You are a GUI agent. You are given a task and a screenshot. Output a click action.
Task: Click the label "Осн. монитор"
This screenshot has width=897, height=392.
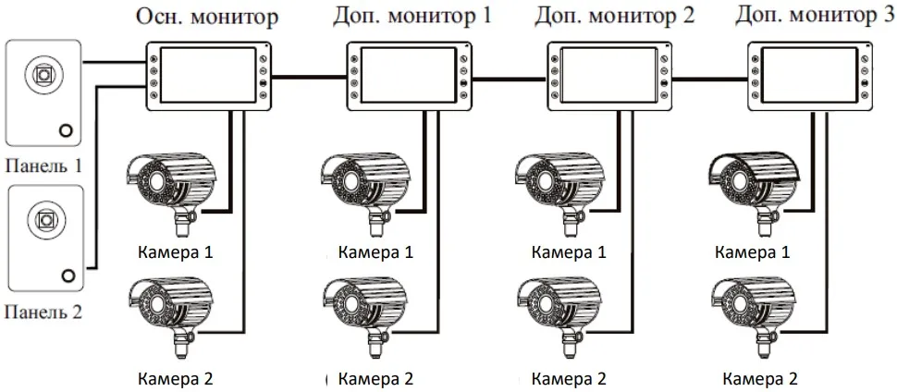207,18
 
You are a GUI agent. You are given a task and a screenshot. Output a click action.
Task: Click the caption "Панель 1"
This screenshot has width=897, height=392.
43,167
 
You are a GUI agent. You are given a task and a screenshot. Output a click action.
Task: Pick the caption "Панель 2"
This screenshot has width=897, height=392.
43,312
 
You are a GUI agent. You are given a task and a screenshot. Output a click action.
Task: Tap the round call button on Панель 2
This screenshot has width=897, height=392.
68,275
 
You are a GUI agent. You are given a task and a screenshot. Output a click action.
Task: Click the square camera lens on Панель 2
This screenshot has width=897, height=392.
43,220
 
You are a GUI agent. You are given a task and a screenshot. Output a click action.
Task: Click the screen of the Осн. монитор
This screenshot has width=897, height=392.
208,76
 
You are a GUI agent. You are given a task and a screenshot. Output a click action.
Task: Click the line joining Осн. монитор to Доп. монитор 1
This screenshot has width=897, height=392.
309,77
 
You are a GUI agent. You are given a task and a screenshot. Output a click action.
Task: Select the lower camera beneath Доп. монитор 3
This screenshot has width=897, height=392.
756,311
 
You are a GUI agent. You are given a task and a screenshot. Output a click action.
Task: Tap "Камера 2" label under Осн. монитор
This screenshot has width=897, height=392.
176,378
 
